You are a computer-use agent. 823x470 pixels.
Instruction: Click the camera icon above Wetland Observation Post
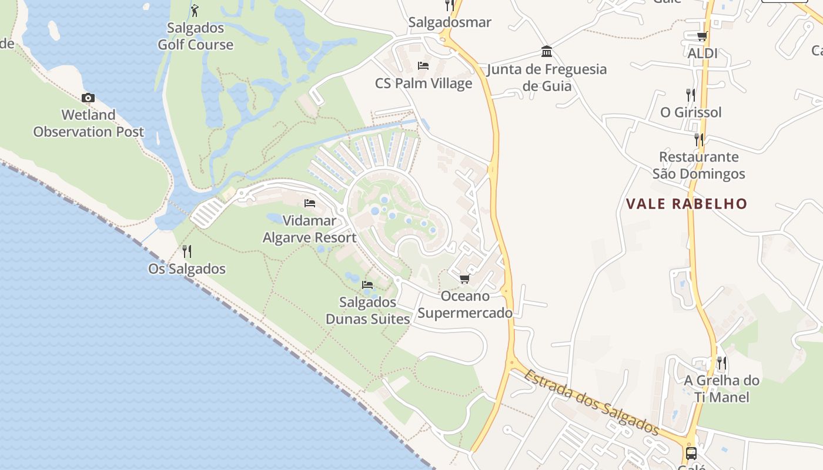pos(88,98)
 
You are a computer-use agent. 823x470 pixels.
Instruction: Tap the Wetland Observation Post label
pos(88,123)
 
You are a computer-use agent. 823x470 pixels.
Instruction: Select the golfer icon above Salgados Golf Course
pos(195,11)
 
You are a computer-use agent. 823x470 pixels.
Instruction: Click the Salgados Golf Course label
pos(195,36)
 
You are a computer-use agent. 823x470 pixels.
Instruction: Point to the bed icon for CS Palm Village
pos(423,66)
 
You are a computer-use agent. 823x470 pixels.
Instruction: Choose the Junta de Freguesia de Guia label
pos(547,78)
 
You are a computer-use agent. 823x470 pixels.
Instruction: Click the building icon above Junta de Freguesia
pos(547,51)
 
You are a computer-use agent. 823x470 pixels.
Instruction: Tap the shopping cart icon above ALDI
pos(702,36)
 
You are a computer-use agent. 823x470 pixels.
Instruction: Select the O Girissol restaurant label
pos(691,112)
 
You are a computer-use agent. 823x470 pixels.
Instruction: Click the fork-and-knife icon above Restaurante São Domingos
pos(698,140)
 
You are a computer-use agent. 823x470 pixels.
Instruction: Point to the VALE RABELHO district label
pos(687,204)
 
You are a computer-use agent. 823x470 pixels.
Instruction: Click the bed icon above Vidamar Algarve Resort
pos(310,204)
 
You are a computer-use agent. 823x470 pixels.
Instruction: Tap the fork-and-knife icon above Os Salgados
pos(187,251)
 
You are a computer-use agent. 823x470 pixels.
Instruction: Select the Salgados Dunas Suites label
pos(368,311)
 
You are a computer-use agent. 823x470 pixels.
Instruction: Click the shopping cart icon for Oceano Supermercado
pos(465,278)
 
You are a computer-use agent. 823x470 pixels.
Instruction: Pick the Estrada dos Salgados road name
pos(592,402)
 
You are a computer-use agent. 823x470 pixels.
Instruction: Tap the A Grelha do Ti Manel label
pos(721,389)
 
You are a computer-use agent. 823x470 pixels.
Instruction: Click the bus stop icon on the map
pos(691,454)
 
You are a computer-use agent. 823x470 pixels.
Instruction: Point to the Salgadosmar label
pos(450,22)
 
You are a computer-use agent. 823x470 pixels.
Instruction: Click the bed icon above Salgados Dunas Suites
pos(367,284)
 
